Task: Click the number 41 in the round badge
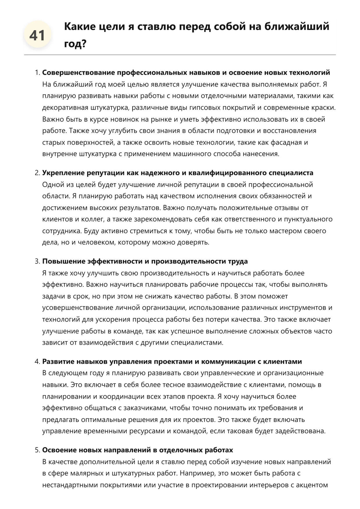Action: point(37,35)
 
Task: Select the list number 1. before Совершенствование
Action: point(37,73)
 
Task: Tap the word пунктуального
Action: point(308,219)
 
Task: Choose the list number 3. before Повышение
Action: point(37,261)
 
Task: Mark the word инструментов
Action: point(303,308)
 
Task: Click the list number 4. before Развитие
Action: point(37,361)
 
